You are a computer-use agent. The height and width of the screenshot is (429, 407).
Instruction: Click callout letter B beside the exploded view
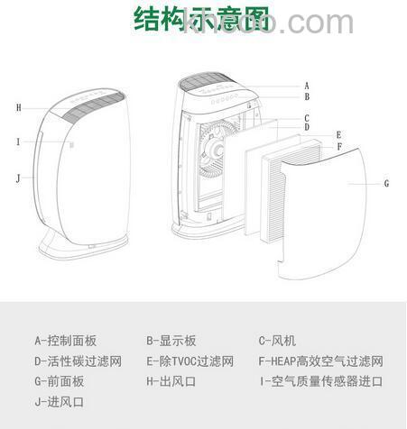click(x=307, y=96)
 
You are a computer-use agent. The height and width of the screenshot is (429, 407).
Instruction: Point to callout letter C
click(x=307, y=117)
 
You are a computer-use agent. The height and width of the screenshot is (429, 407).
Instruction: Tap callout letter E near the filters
click(x=338, y=135)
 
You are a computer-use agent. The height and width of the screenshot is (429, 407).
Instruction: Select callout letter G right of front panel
click(x=386, y=184)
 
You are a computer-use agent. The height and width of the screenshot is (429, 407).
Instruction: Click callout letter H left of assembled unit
click(x=18, y=107)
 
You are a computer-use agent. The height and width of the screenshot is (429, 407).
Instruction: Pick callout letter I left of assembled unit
click(x=17, y=141)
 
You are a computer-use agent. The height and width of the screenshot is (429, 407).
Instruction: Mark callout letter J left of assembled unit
click(x=17, y=178)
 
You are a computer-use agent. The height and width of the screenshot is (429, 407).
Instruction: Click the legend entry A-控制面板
click(x=65, y=341)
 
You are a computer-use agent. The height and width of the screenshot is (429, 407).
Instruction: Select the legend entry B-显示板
click(x=171, y=341)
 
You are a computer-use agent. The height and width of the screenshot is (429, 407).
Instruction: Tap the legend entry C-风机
click(x=279, y=341)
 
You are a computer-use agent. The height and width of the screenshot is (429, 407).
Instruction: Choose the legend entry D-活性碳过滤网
click(x=78, y=361)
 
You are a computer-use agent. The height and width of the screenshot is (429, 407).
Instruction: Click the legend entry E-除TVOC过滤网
click(x=190, y=361)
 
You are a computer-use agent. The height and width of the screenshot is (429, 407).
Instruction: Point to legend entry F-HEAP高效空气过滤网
click(x=320, y=361)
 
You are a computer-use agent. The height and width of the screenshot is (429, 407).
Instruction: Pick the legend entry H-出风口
click(x=171, y=380)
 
